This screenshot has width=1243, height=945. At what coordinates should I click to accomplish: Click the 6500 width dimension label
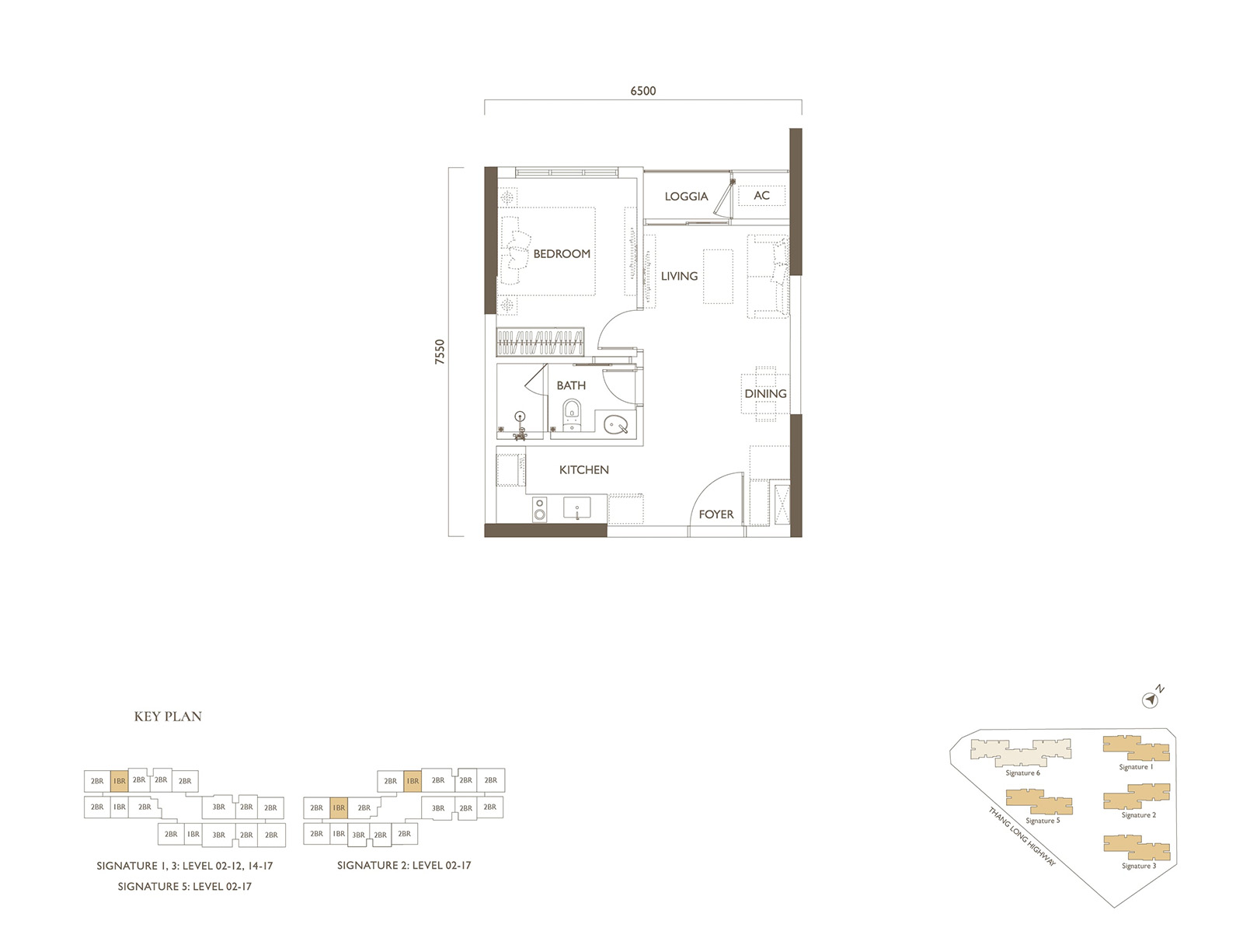tap(642, 91)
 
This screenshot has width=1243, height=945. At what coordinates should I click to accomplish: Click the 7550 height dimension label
tap(440, 351)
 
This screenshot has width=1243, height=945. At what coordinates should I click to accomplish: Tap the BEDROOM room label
tap(562, 254)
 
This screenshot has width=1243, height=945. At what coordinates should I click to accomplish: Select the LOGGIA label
tap(686, 197)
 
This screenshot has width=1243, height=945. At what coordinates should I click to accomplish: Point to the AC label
tap(761, 195)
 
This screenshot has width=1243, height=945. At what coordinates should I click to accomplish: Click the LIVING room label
tap(679, 277)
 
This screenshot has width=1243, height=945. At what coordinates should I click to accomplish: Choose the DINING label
tap(766, 393)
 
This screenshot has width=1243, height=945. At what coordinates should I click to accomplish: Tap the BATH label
tap(571, 385)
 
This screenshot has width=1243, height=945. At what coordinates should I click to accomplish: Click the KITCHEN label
tap(584, 470)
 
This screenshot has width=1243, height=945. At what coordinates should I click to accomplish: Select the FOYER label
tap(716, 514)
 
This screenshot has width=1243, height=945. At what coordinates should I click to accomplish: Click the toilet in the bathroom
tap(572, 415)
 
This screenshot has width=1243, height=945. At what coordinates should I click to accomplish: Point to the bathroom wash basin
tap(615, 424)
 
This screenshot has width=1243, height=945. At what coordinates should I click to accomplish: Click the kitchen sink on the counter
tap(576, 508)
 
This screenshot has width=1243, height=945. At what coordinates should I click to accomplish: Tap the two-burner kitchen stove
tap(540, 509)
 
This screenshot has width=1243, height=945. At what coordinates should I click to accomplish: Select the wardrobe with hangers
tap(540, 342)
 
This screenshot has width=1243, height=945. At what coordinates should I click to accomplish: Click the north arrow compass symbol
tap(1150, 700)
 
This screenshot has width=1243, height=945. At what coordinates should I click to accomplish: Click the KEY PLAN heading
tap(168, 717)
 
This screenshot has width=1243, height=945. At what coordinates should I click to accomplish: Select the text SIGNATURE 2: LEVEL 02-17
tap(404, 865)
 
